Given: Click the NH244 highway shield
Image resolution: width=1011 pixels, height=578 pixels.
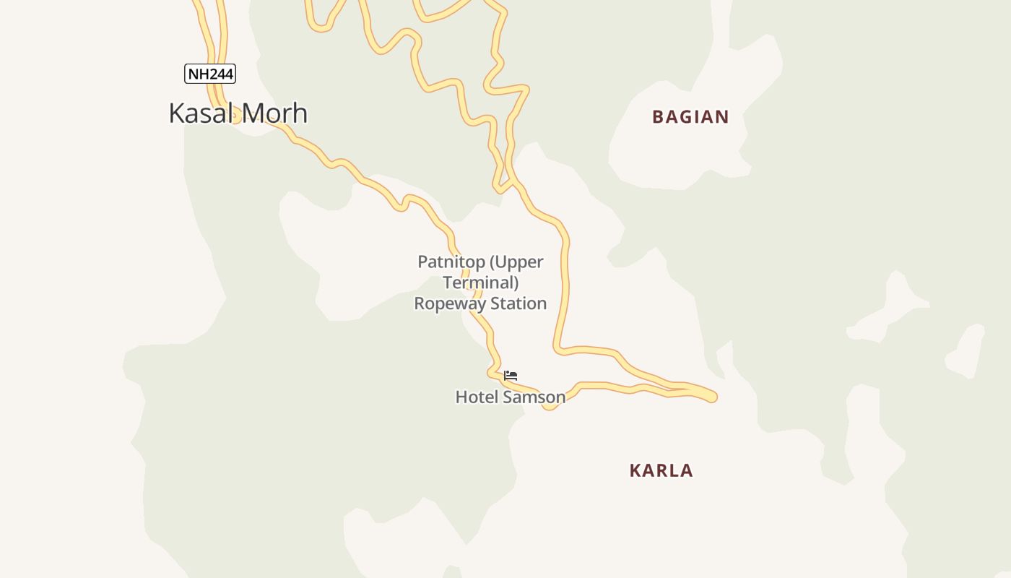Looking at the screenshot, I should [x=210, y=74].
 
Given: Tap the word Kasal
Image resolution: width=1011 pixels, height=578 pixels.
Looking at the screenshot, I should [x=200, y=113].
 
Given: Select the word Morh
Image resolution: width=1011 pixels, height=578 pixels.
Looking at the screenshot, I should [x=274, y=113].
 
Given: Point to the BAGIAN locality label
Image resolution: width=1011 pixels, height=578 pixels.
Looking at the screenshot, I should [x=690, y=117].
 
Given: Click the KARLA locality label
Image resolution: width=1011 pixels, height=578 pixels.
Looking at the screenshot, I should [x=661, y=470].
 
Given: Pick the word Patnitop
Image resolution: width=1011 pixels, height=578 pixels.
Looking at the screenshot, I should [x=449, y=262].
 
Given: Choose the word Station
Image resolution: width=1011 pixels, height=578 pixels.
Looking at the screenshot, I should [x=519, y=303].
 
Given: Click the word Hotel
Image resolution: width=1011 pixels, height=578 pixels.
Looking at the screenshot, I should [x=477, y=397].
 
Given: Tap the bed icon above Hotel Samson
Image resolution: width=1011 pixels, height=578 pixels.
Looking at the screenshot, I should [x=511, y=376].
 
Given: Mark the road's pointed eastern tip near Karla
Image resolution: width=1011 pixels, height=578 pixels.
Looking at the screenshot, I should [x=714, y=396].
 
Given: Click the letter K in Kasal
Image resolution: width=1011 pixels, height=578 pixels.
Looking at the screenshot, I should [x=176, y=113].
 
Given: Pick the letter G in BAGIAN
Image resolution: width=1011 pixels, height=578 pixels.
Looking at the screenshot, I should [x=687, y=117].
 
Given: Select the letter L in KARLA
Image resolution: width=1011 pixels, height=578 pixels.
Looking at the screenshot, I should [x=673, y=470].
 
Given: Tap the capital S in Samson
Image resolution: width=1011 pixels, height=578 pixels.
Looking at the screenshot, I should [x=506, y=397].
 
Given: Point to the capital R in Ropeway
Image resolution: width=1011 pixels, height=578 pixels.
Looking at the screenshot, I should [x=420, y=303].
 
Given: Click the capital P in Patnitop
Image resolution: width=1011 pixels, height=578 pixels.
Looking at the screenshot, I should [x=423, y=262].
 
